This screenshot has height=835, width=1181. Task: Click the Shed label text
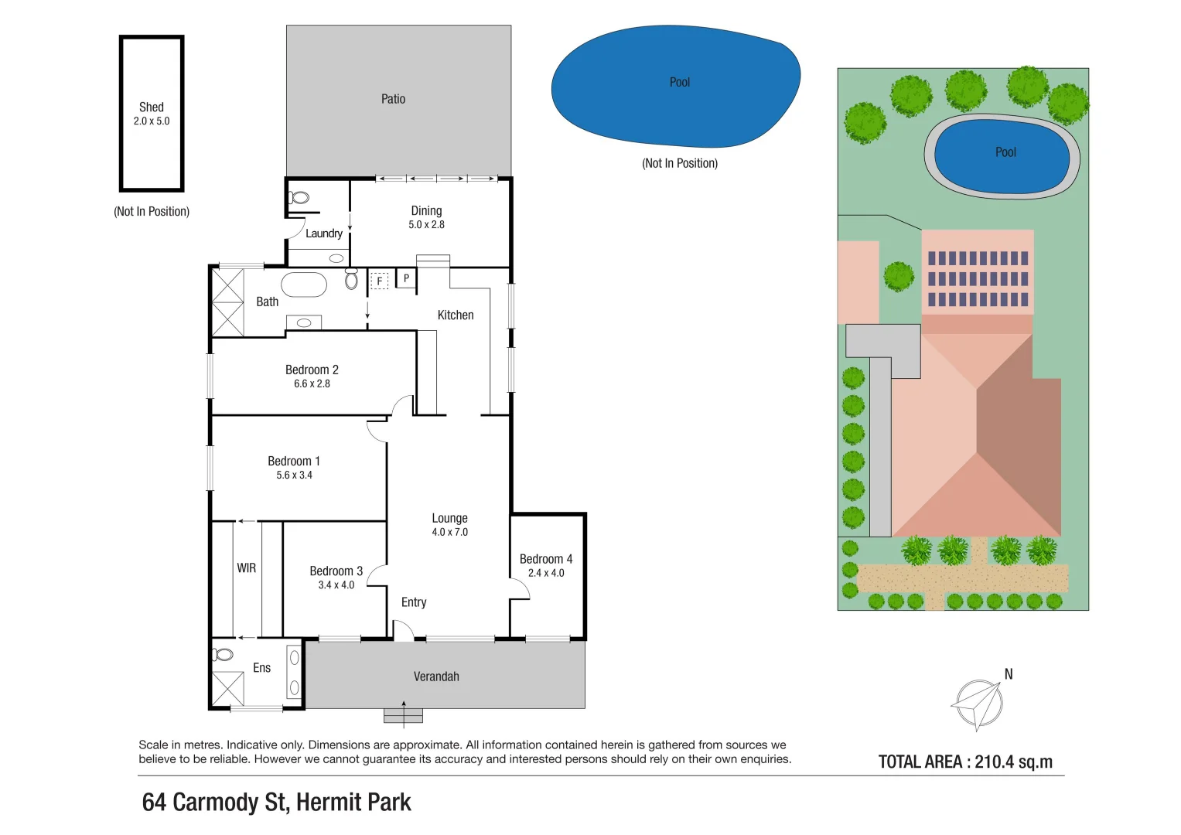point(152,107)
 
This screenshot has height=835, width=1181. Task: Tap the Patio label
point(393,99)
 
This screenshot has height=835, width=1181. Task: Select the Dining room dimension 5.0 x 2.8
point(426,225)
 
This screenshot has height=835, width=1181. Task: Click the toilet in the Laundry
point(299,198)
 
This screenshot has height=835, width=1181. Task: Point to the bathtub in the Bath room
point(304,285)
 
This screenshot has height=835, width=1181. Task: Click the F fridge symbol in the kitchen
point(379,281)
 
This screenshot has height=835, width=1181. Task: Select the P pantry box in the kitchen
point(406,278)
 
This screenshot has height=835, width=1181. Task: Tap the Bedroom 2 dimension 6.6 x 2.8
point(312,384)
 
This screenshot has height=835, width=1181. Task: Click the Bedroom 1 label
point(294,461)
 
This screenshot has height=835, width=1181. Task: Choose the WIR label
point(246,568)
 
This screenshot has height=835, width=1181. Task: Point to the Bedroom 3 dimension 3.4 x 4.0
point(336,585)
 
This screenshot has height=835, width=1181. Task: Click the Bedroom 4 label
point(546,559)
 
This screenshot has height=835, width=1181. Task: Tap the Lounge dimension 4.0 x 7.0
point(449,533)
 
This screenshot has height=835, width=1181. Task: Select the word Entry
point(414,602)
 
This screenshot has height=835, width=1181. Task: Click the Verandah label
point(436,677)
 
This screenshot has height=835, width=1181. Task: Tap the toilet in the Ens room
point(223,655)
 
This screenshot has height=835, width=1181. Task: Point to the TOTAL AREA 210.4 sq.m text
point(965,762)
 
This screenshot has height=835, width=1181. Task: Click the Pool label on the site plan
point(1005,152)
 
